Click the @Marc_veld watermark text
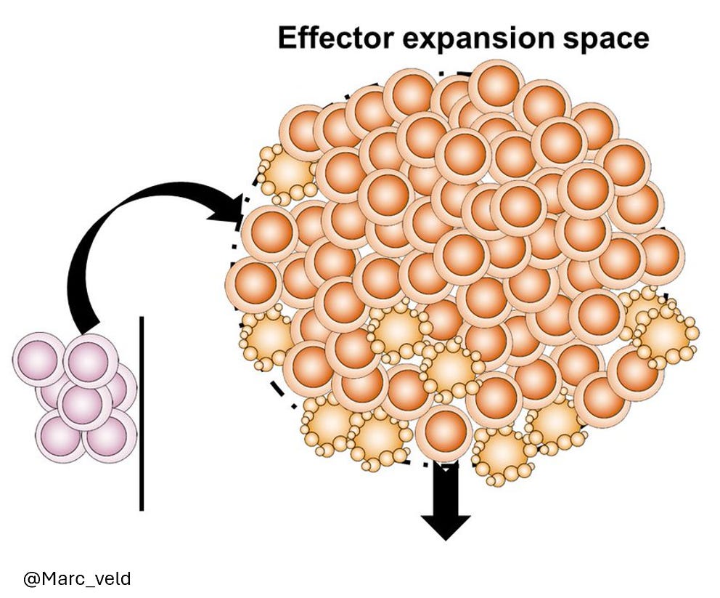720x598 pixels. point(77,578)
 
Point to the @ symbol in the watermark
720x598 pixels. point(31,578)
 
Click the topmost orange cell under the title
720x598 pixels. point(496,86)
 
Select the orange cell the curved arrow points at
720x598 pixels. point(269,233)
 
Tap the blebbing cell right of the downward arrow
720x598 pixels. point(502,453)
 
